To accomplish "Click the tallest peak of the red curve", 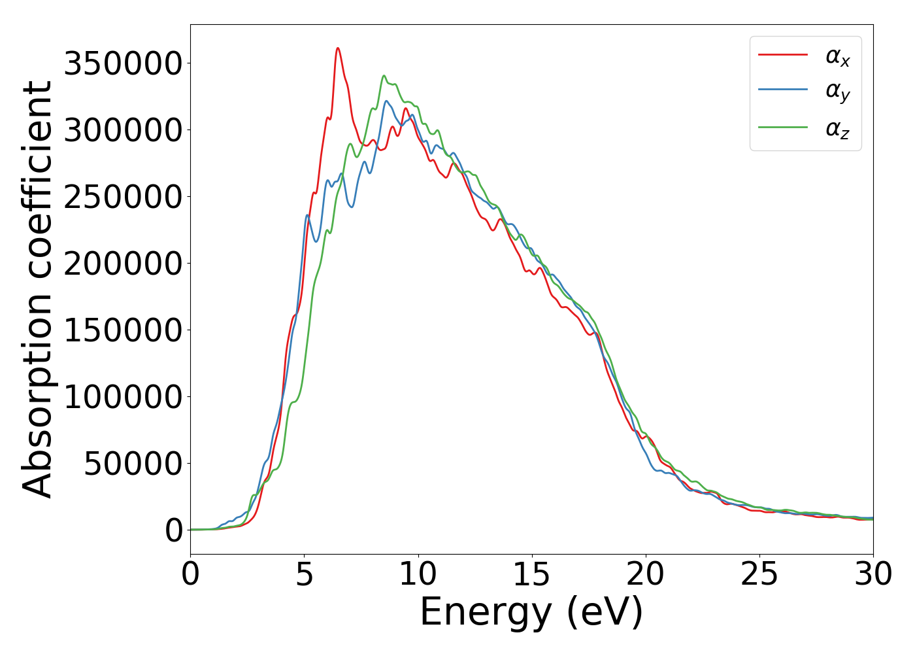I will tap(338, 48).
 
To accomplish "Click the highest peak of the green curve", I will tap(384, 76).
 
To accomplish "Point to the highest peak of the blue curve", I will tap(386, 101).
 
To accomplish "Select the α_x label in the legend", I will tap(838, 57).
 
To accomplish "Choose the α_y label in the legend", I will tap(838, 92).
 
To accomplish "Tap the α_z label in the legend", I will tap(838, 128).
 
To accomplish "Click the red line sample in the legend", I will tap(783, 55).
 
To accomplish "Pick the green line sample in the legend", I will tap(783, 127).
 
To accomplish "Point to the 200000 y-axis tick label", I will tap(123, 264).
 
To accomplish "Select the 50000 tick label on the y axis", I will tap(133, 464).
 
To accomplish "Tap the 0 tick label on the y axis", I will tap(174, 530).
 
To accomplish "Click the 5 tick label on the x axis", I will tap(305, 575).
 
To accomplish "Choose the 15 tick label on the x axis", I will tap(532, 575).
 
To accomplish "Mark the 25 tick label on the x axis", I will tap(759, 575).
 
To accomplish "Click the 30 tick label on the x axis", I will tap(873, 575).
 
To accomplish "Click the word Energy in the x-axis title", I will tap(486, 613).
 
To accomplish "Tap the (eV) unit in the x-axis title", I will tap(605, 613).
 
